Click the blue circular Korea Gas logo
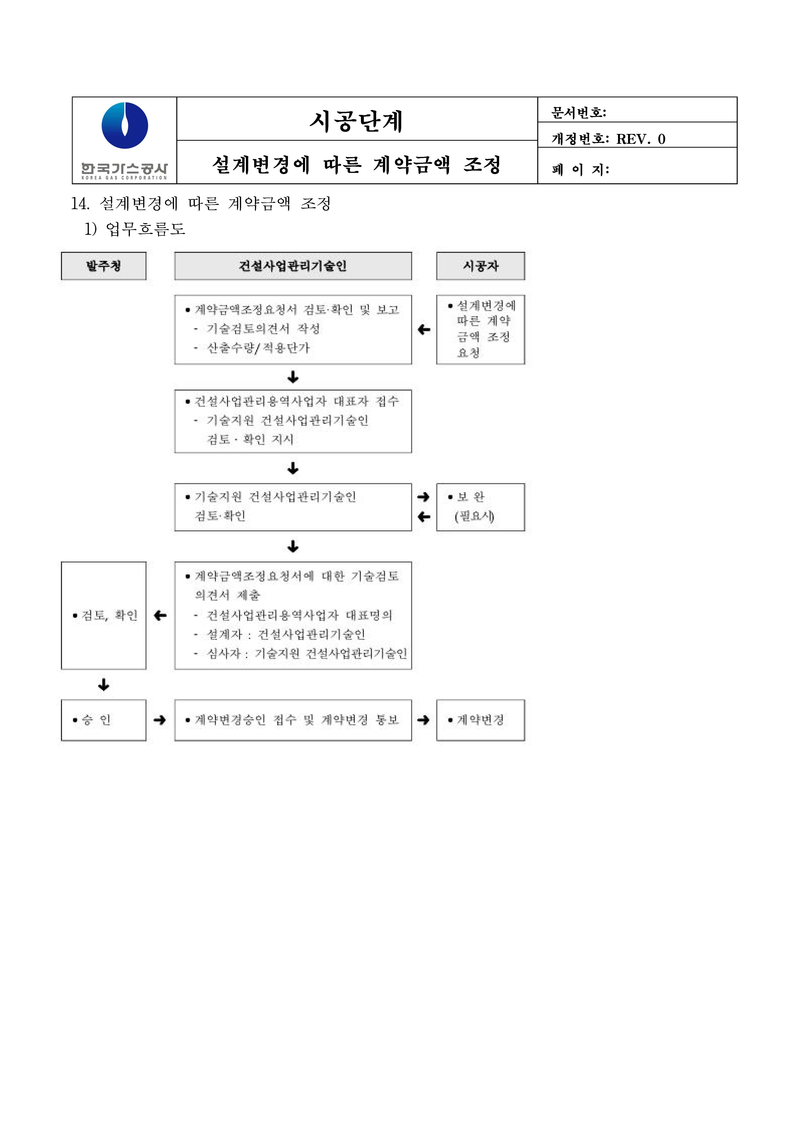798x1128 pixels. point(125,125)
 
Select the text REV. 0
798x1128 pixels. point(641,139)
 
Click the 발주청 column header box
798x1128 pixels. point(104,266)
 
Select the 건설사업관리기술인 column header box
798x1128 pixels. point(293,266)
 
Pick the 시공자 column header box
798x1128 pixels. point(481,266)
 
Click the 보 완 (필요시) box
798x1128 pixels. point(481,507)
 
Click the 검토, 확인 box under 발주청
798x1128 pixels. point(104,615)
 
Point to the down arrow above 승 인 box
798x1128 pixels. point(104,685)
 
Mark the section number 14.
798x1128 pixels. point(80,204)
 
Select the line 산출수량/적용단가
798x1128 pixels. point(258,348)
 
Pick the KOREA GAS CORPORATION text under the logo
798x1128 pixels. point(124,178)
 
